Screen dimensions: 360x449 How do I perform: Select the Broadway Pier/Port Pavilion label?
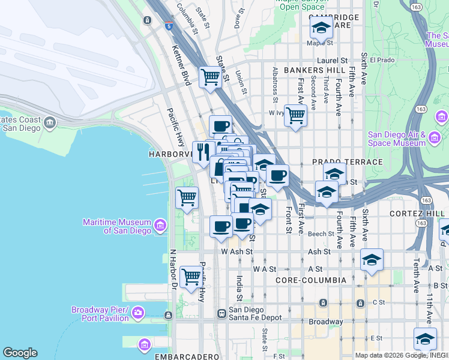pos(100,314)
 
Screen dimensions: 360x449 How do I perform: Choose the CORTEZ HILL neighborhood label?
pos(415,214)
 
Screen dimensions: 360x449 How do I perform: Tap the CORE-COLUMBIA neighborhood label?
pos(311,280)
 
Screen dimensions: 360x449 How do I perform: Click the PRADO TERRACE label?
pos(347,162)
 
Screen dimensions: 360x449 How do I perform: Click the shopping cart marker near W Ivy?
pos(295,115)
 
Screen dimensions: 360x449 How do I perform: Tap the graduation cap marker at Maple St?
pos(321,28)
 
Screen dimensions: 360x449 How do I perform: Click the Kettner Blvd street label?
pos(181,65)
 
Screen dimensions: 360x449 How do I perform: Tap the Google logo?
pos(20,353)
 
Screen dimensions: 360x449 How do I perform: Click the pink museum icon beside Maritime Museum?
pos(160,226)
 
